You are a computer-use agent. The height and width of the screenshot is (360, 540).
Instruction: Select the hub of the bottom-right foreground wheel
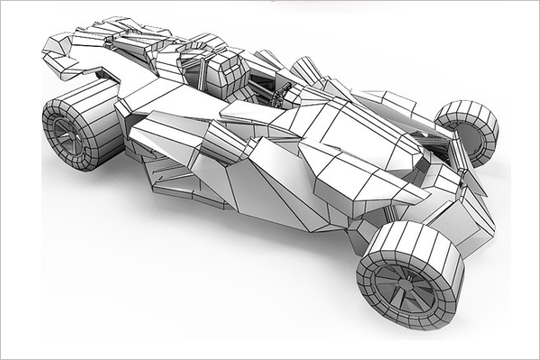click(396, 285)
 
